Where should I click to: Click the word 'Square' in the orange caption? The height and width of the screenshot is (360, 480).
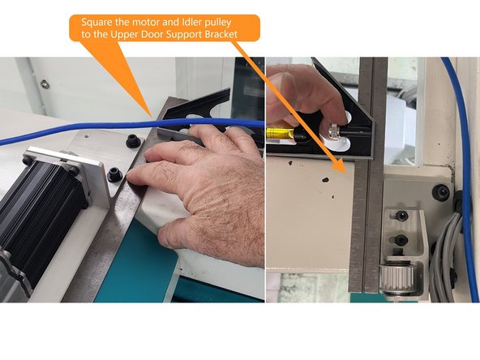(94, 21)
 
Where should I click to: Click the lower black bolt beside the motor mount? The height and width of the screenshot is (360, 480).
(114, 173)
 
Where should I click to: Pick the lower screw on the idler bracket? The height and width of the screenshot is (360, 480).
(401, 240)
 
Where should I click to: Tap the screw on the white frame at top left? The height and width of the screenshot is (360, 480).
(45, 84)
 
